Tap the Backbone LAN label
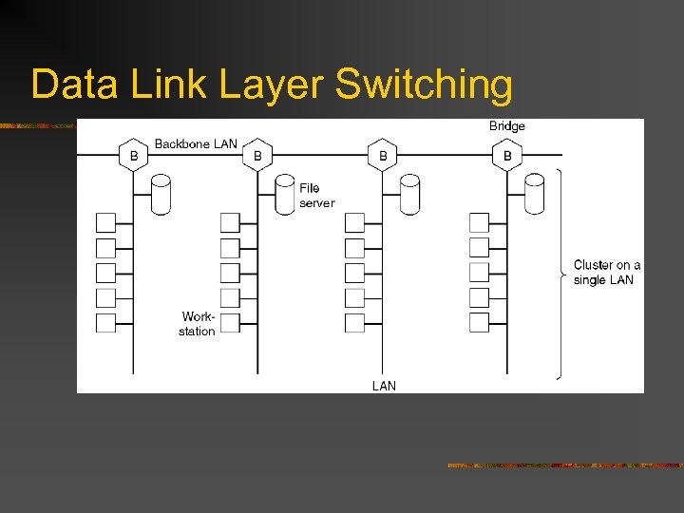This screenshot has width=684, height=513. click(x=196, y=144)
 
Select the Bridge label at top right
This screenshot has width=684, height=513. click(x=507, y=126)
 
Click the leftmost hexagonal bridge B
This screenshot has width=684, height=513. click(x=134, y=155)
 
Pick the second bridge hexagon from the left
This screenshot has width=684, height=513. click(x=257, y=155)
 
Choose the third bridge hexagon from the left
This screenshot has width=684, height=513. click(x=382, y=155)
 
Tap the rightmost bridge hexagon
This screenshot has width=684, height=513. click(x=507, y=155)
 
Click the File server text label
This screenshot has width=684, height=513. click(x=316, y=196)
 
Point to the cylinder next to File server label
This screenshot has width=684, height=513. click(x=285, y=195)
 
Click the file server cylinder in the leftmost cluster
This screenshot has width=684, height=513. click(x=161, y=195)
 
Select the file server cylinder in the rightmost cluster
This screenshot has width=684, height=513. click(x=534, y=195)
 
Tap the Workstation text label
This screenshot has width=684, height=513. click(x=198, y=324)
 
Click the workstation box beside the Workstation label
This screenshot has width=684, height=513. click(x=230, y=323)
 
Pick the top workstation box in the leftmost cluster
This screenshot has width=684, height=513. click(x=105, y=222)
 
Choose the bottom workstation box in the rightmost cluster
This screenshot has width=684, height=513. click(x=479, y=323)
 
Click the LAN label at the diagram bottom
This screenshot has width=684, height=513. click(x=384, y=386)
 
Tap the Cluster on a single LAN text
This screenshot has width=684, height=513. click(x=606, y=273)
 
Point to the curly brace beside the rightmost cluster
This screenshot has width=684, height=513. click(x=561, y=275)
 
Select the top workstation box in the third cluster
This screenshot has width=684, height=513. click(x=354, y=222)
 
